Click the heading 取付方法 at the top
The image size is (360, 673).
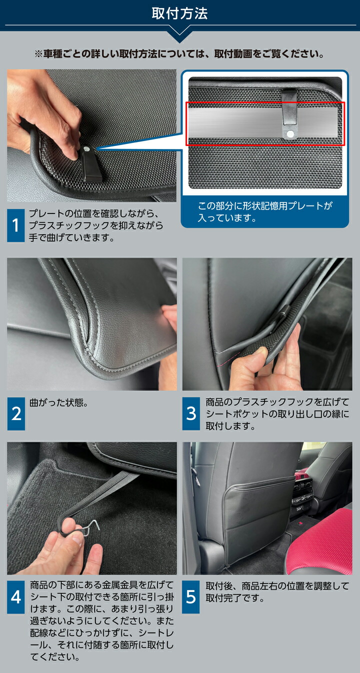click(179, 14)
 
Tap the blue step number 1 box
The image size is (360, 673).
click(15, 225)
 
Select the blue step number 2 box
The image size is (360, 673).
click(16, 413)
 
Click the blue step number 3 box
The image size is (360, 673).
click(191, 413)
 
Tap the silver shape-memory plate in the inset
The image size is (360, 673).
click(264, 122)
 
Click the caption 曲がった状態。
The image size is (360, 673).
click(59, 402)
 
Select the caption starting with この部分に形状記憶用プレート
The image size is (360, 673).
click(265, 212)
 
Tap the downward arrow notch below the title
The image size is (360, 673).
click(179, 35)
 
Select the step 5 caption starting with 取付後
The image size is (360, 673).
click(277, 592)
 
